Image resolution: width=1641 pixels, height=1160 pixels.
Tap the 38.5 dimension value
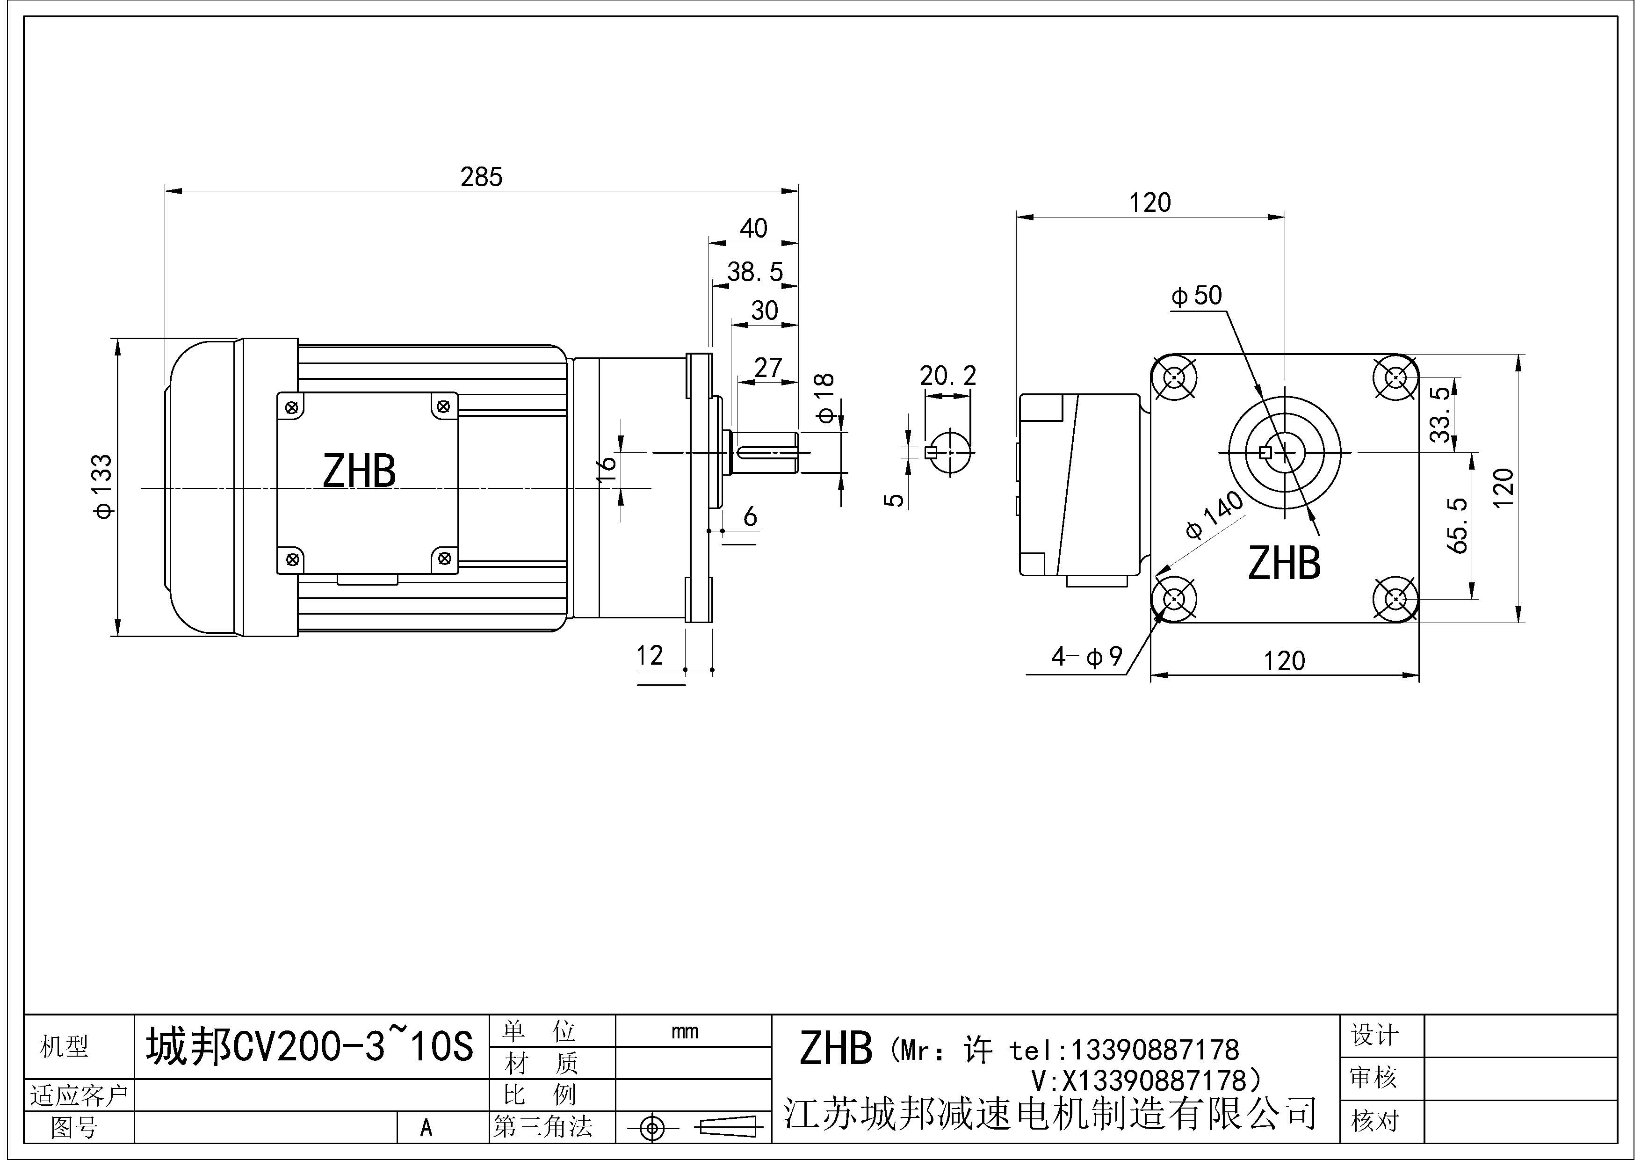(x=755, y=272)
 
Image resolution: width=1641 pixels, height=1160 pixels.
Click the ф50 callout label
(x=1196, y=295)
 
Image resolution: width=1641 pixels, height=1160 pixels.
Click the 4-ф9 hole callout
(x=1086, y=656)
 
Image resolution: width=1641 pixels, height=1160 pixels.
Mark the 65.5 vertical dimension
(x=1458, y=525)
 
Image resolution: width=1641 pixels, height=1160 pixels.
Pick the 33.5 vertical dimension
(x=1441, y=414)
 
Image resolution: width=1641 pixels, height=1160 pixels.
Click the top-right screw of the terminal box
(x=444, y=406)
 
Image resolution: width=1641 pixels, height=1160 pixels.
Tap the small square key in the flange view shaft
(x=1265, y=452)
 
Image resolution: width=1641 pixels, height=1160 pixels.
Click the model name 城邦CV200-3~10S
(x=310, y=1047)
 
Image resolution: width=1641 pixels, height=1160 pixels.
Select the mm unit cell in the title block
(x=685, y=1031)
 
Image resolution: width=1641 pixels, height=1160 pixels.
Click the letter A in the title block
(x=426, y=1127)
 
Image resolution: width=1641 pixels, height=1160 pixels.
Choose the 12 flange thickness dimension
(x=650, y=655)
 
